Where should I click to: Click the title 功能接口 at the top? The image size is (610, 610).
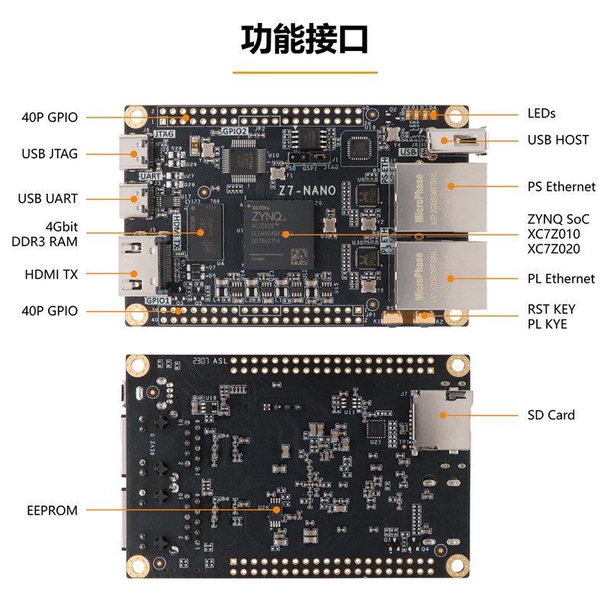click(305, 39)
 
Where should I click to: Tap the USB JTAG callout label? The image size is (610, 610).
click(50, 154)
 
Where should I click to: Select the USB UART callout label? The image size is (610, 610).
click(48, 199)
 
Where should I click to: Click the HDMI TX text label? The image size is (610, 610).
click(53, 273)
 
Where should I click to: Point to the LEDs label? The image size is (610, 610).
click(541, 114)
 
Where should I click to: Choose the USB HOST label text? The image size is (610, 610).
click(558, 140)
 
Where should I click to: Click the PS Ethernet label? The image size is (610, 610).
click(561, 187)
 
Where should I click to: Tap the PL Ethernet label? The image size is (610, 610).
click(561, 278)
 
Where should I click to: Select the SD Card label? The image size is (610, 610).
click(551, 416)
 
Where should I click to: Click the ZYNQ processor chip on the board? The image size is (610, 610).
click(280, 234)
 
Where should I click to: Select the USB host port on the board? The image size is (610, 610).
click(454, 140)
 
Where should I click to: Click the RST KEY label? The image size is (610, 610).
click(551, 310)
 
